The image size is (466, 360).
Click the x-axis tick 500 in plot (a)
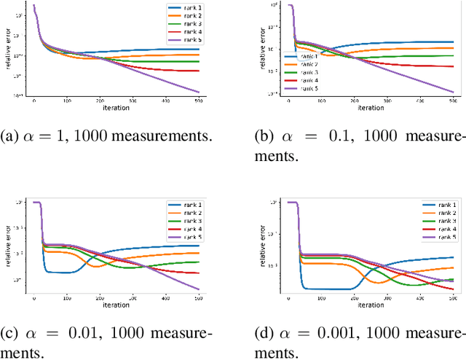coord(197,103)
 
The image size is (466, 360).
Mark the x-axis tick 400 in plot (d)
coord(419,298)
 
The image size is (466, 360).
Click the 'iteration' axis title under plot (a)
coord(115,109)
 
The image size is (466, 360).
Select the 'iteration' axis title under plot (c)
coord(115,304)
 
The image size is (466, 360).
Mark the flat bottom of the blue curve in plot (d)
coord(328,289)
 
